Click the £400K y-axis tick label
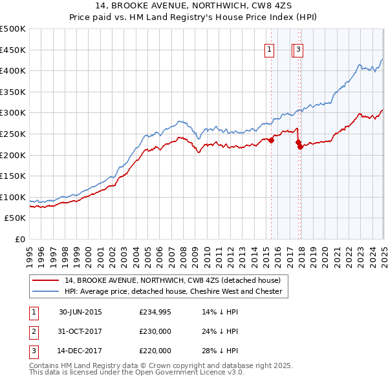coord(13,70)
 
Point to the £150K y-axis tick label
coord(13,176)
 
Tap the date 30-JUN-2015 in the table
coord(80,312)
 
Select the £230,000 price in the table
coord(155,331)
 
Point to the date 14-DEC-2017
coord(80,351)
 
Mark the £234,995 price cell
coord(155,312)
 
